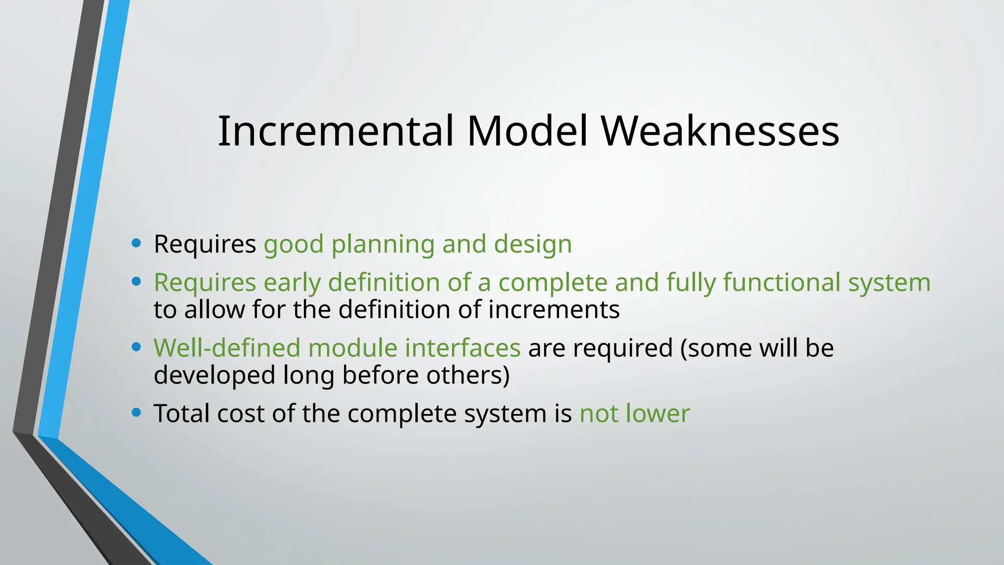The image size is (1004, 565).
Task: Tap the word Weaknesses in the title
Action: point(720,131)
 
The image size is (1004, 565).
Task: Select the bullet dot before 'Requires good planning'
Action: point(137,243)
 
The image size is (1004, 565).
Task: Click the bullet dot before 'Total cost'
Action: point(137,412)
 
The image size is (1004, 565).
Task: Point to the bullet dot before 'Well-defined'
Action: point(137,347)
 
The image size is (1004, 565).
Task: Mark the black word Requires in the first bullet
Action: point(204,244)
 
